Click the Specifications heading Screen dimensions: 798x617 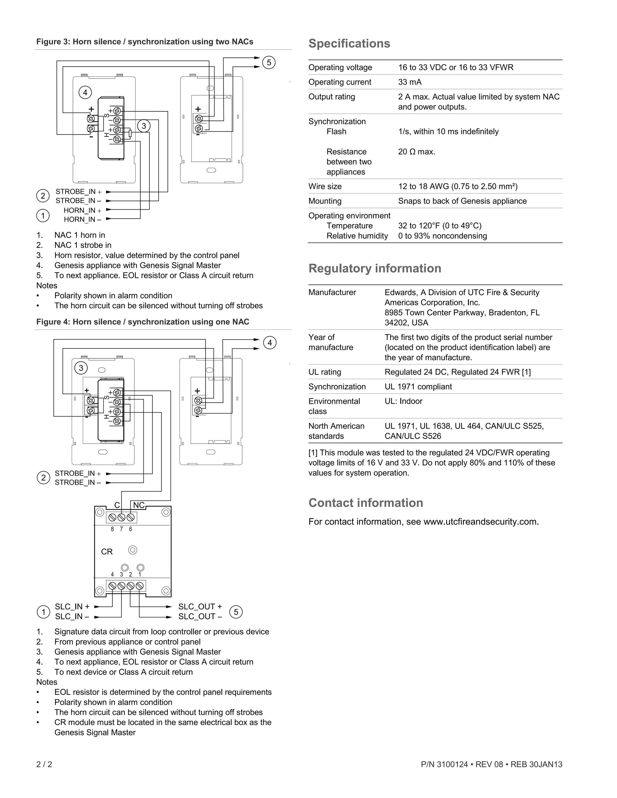(x=349, y=43)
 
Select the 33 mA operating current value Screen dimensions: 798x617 (x=410, y=82)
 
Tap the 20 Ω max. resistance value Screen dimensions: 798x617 (x=416, y=152)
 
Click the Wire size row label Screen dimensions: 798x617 (x=325, y=186)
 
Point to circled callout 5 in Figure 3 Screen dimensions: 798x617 (x=269, y=62)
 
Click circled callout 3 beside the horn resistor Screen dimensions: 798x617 (x=144, y=126)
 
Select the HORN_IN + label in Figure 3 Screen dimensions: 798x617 (x=82, y=210)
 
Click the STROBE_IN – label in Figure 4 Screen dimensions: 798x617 (x=78, y=482)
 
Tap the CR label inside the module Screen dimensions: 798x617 (x=107, y=552)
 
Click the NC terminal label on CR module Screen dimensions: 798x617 (x=139, y=505)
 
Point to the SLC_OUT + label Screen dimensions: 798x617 (x=200, y=606)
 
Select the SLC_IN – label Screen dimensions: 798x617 (x=72, y=616)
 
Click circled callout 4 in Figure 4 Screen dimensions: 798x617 (x=270, y=343)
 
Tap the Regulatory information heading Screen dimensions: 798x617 (x=375, y=269)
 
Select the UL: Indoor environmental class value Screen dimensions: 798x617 (x=403, y=401)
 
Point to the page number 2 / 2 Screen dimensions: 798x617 (x=44, y=764)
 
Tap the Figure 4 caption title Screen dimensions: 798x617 (x=143, y=322)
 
